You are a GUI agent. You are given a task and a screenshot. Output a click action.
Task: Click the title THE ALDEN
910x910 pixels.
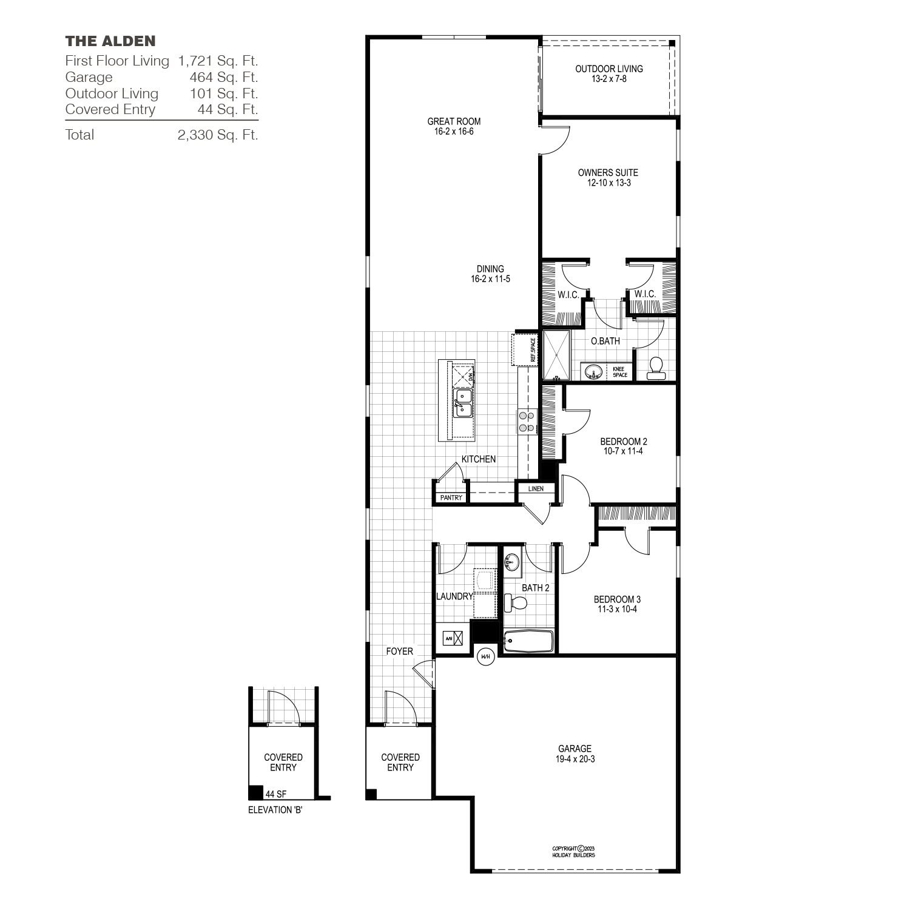point(110,41)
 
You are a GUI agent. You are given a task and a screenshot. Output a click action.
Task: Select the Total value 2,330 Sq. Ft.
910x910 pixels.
point(218,135)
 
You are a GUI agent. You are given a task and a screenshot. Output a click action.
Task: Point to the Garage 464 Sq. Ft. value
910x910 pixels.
point(224,77)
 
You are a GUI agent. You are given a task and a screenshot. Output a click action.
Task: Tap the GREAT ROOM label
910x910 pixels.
point(454,121)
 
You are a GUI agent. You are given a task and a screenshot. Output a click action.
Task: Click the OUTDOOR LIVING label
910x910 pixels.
point(609,69)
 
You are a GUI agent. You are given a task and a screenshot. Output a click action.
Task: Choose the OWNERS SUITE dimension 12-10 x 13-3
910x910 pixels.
point(608,183)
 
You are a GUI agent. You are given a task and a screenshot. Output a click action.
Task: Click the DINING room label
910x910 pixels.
point(490,269)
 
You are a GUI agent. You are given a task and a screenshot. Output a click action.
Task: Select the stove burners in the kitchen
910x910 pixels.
point(526,422)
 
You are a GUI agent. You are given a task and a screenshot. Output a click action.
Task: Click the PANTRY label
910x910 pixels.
point(451,497)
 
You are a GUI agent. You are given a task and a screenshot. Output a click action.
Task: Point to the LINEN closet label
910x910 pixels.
point(536,488)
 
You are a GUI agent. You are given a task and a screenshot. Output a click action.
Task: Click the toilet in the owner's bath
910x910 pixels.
point(655,368)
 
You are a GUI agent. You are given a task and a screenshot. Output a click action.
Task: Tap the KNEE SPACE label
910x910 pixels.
point(619,372)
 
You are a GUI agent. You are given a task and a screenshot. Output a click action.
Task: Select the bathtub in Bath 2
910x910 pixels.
point(528,641)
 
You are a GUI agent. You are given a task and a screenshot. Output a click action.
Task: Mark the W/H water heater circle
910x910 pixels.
point(485,656)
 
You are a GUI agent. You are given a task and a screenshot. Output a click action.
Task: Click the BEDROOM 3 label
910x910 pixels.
point(617,599)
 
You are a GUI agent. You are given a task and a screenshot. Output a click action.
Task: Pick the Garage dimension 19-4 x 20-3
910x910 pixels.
point(575,759)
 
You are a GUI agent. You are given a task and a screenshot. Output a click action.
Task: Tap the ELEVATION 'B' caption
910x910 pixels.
point(275,811)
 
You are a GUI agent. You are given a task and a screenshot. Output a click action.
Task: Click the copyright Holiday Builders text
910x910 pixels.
point(573,852)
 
